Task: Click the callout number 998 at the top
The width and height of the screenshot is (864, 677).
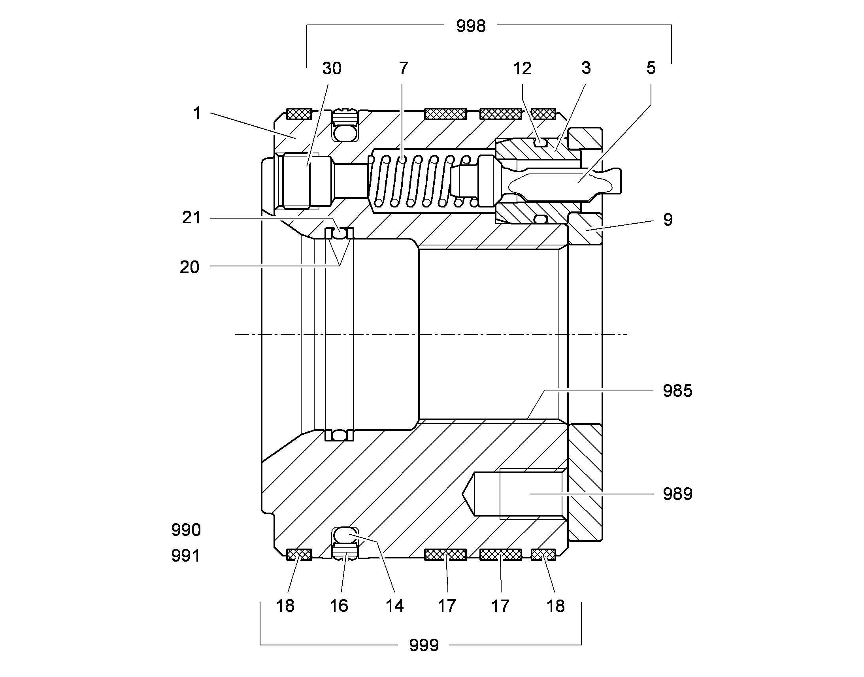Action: point(471,26)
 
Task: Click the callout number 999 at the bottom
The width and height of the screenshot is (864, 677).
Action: point(424,645)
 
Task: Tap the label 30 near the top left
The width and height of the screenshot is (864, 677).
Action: point(332,69)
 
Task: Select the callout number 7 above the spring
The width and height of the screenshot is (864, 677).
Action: point(404,69)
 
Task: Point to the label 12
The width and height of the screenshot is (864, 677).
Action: point(522,69)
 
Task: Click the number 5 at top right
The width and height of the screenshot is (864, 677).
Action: point(651,68)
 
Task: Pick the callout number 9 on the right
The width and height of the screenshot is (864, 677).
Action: point(668,220)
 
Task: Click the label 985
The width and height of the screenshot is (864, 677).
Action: point(678,391)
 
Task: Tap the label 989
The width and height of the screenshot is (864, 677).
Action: point(678,494)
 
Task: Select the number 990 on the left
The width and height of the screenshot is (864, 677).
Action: point(186,530)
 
